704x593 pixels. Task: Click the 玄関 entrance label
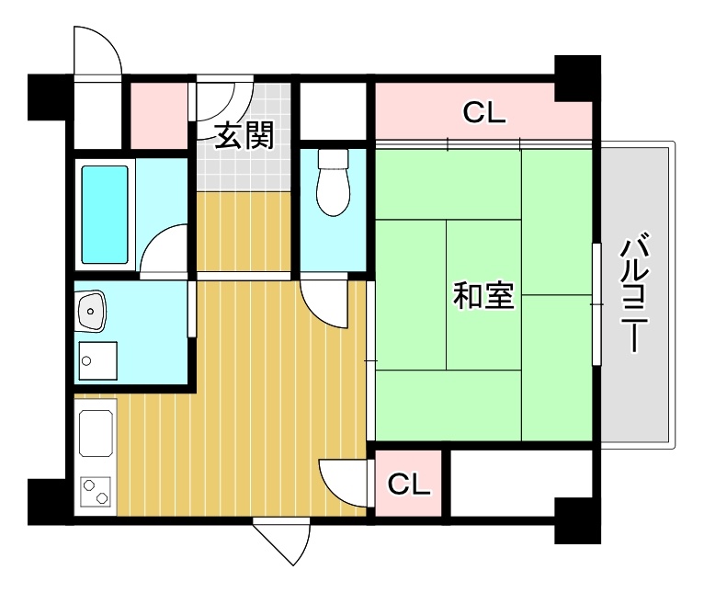coord(244,135)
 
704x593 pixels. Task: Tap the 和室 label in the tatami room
coord(483,295)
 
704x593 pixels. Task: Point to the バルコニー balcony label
coord(635,291)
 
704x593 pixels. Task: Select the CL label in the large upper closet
coord(484,112)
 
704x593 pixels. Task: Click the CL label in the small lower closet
coord(409,484)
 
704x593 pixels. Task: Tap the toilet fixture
coord(333,182)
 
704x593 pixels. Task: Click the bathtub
coord(105,214)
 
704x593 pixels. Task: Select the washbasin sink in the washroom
coord(91,311)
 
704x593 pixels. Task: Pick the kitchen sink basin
coord(96,433)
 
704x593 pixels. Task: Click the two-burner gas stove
coord(96,492)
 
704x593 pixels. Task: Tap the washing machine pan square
coord(97,360)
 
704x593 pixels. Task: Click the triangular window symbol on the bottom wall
coord(281,542)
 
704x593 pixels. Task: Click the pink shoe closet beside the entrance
coord(159,116)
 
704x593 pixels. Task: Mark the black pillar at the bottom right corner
coord(578,520)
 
